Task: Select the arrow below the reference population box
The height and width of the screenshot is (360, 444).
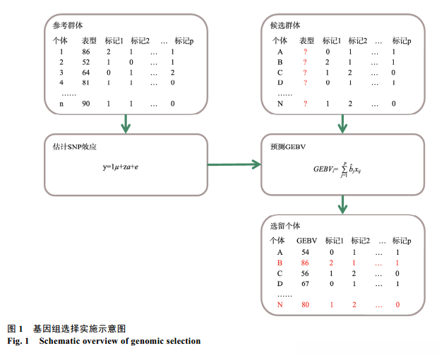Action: tap(126, 124)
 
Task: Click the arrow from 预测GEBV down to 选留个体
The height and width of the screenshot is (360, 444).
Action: tap(343, 204)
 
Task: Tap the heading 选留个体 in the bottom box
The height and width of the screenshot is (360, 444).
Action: tap(285, 226)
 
